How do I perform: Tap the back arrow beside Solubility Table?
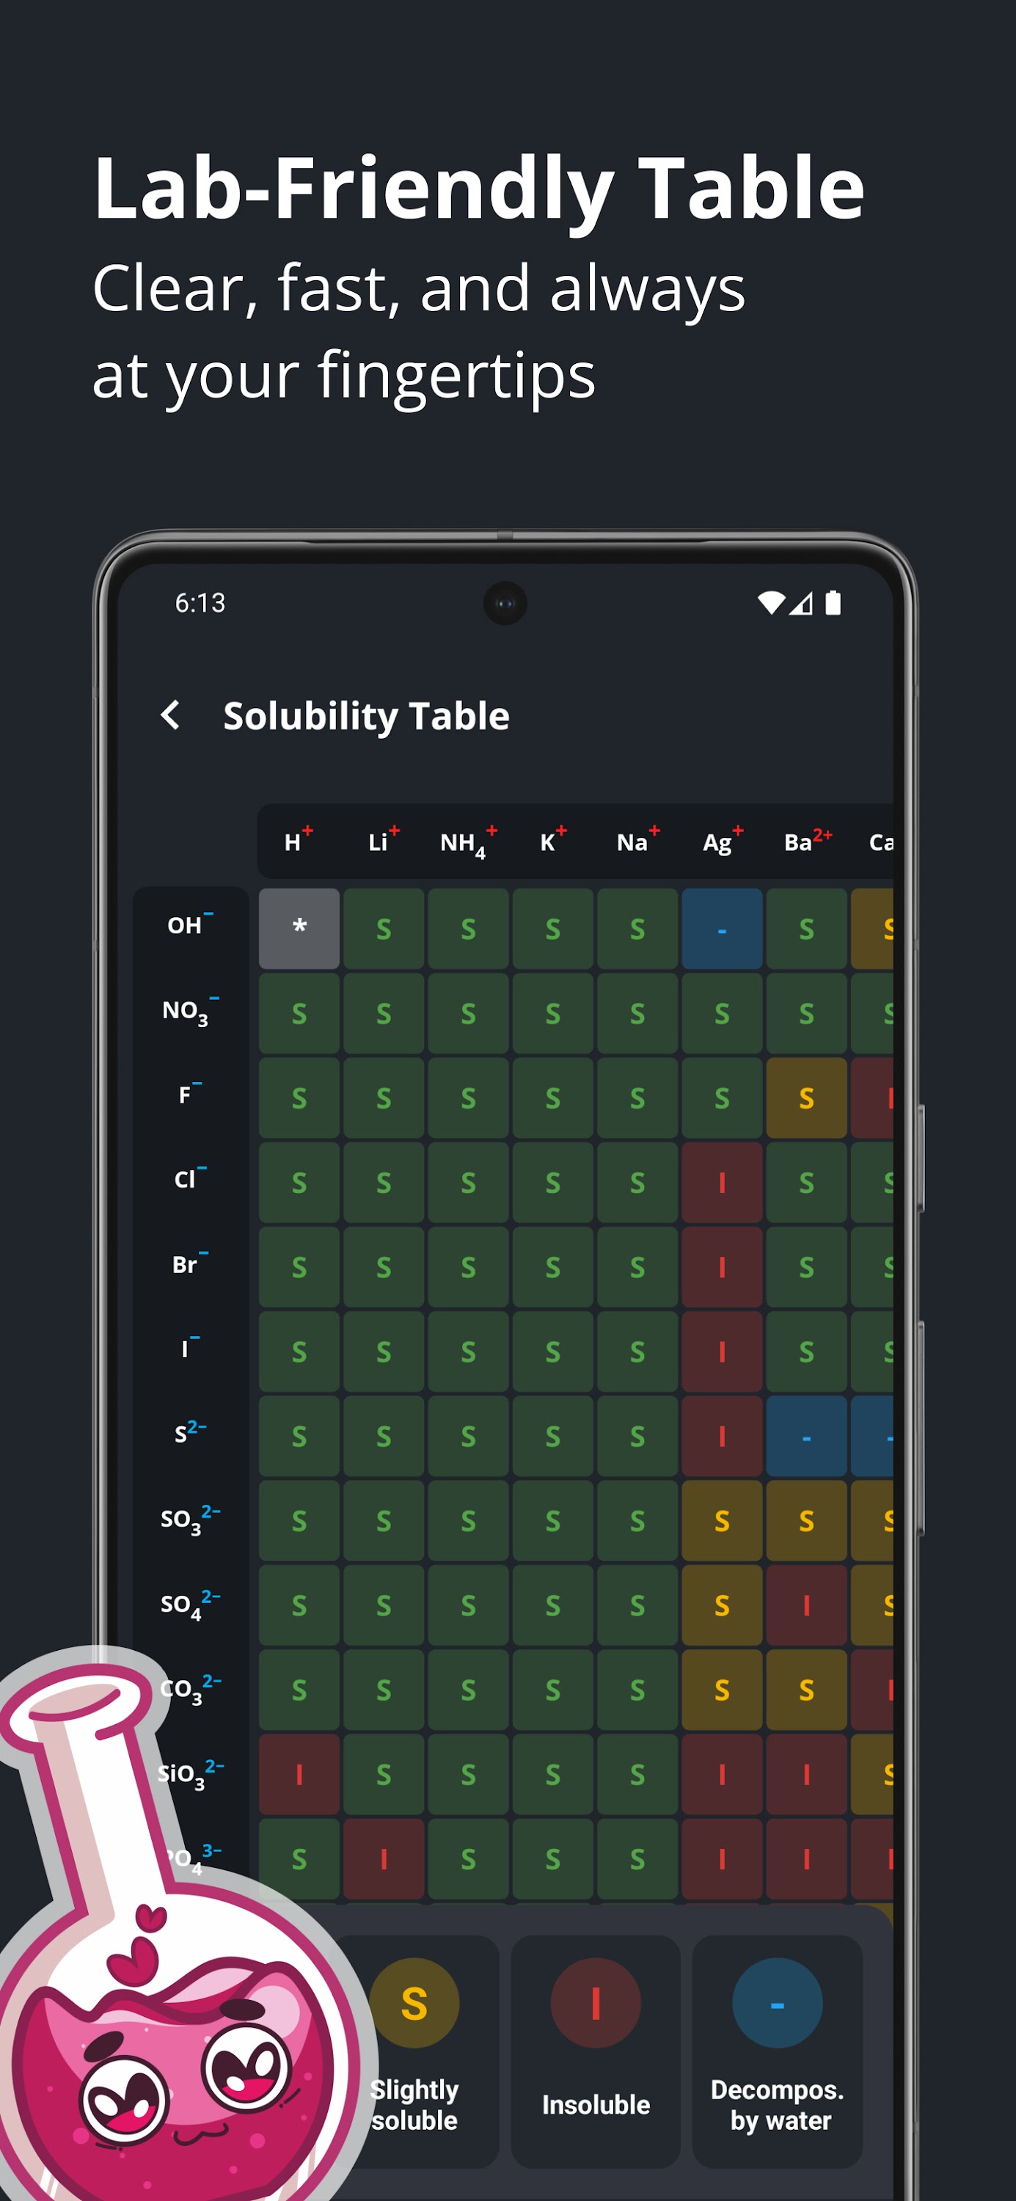171,715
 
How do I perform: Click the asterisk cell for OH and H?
299,928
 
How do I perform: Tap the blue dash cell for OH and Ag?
722,928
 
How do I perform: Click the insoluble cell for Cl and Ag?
722,1183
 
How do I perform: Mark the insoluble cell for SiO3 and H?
299,1775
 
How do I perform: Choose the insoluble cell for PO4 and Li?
384,1859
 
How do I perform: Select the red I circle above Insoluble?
596,2003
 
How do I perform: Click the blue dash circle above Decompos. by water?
777,2003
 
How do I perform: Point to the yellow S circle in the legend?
414,2003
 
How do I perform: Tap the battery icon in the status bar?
833,603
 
